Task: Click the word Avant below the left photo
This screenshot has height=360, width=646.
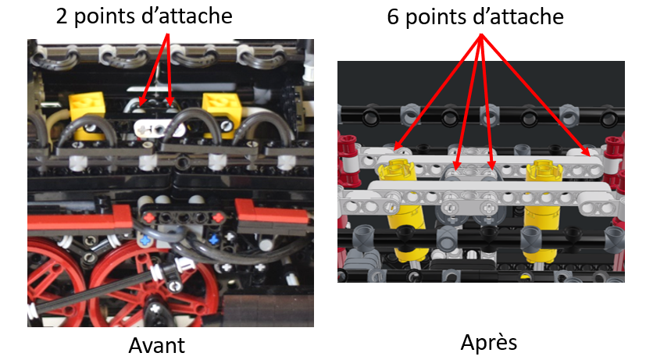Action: (156, 345)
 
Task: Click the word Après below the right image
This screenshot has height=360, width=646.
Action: (489, 342)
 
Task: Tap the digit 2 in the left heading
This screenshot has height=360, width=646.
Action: (62, 16)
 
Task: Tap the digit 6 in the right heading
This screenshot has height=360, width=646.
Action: (393, 17)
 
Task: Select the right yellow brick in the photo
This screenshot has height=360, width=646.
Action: (222, 112)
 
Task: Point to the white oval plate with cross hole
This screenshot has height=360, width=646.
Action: (159, 129)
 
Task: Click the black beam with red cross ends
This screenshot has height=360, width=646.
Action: (184, 216)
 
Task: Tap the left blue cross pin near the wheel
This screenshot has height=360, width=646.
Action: (145, 241)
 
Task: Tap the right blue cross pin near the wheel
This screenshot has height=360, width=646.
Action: (213, 239)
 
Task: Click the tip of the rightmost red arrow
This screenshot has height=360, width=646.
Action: (590, 156)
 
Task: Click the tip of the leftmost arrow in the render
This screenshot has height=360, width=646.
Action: (394, 149)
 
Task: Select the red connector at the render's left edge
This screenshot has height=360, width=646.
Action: (348, 161)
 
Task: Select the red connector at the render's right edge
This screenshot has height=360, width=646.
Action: (615, 161)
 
